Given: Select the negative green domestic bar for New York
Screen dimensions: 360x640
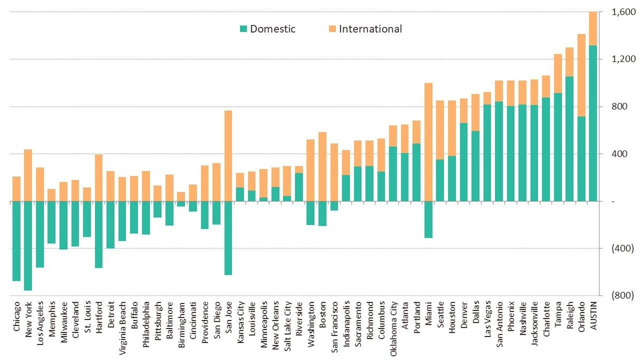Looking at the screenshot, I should pos(28,245).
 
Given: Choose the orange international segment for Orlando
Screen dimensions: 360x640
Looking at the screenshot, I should pos(582,75).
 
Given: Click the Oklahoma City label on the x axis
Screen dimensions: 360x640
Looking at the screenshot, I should pos(394,326).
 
